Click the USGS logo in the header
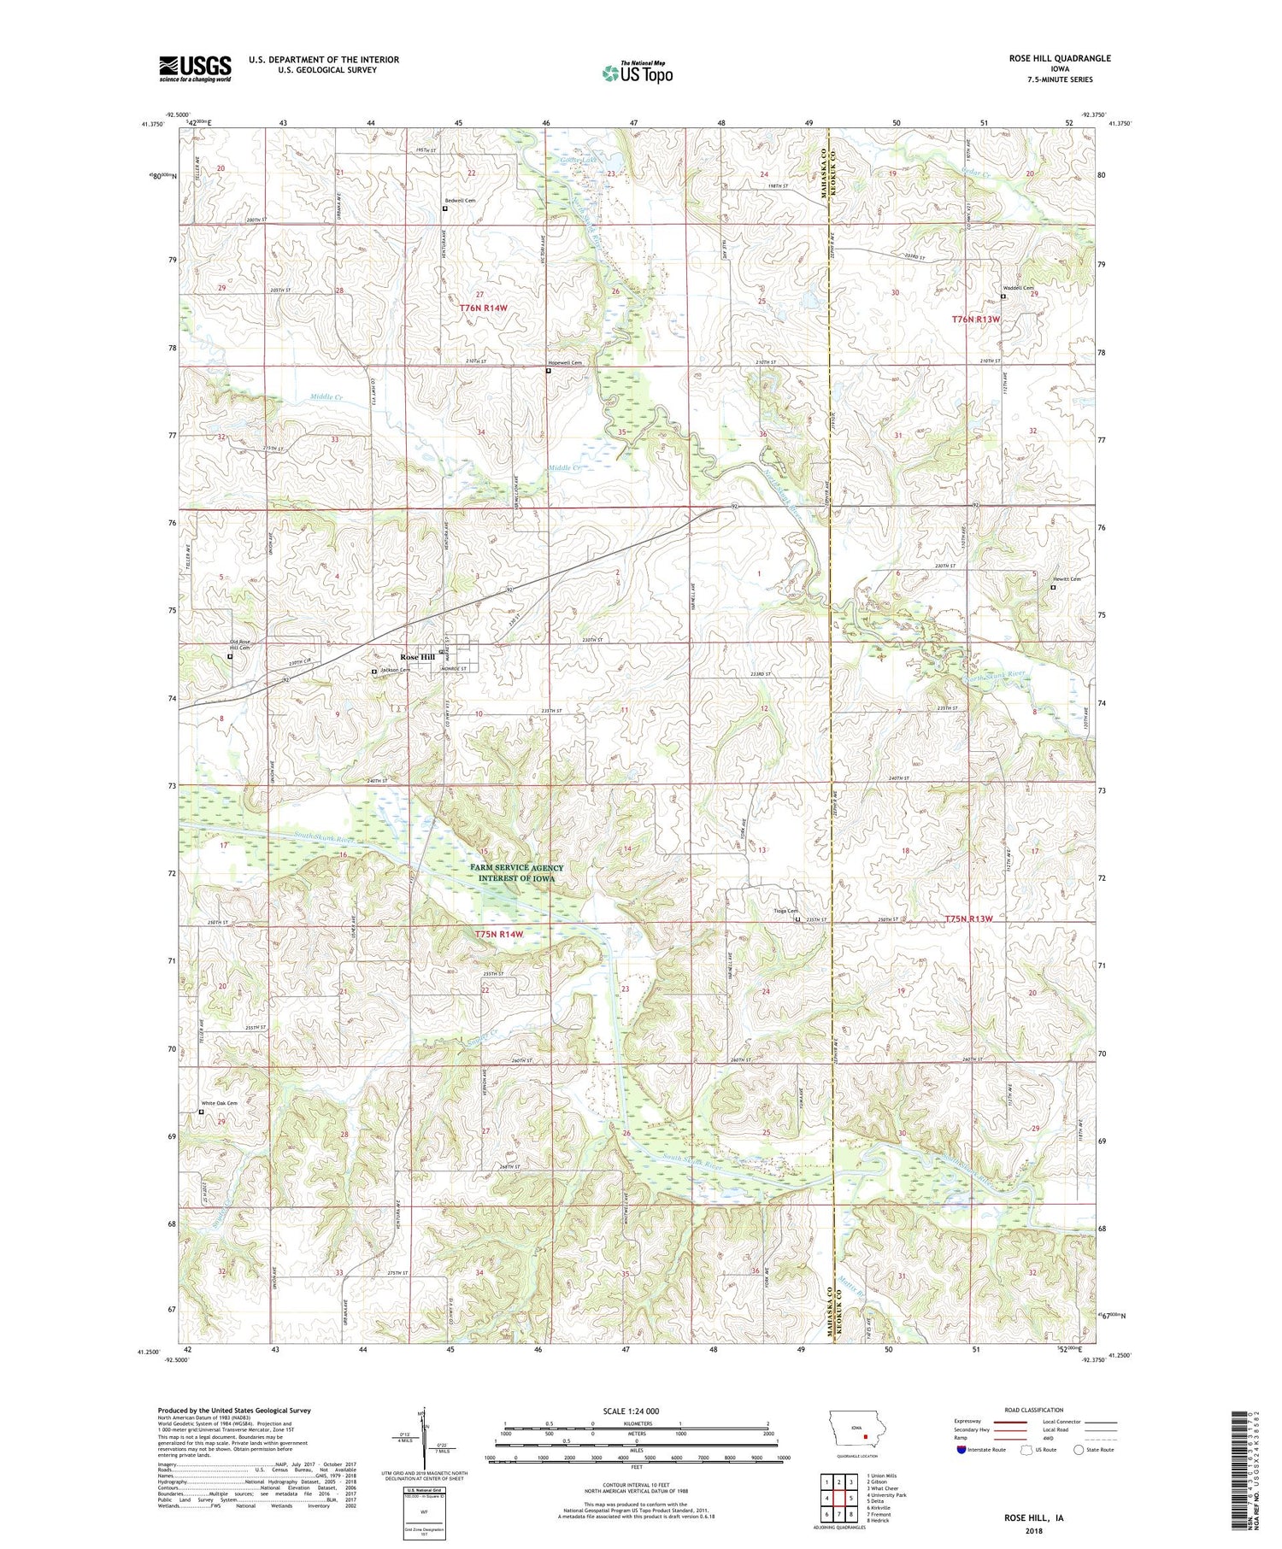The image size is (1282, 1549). (195, 68)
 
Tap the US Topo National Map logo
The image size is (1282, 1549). (637, 73)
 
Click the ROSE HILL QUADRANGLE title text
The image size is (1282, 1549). (1059, 58)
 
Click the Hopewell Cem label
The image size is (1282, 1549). (565, 363)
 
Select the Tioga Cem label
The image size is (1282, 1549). (785, 911)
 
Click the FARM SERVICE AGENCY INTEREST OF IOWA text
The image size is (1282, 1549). (516, 872)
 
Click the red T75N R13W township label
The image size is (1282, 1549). (969, 918)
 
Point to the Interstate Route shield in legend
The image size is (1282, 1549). (961, 1450)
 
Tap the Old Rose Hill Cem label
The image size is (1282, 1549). (240, 645)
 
